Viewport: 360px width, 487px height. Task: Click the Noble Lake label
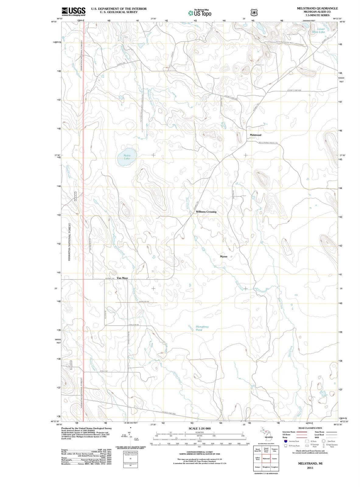click(127, 157)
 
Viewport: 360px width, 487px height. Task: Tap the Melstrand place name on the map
click(255, 135)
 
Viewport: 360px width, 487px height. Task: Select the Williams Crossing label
click(206, 212)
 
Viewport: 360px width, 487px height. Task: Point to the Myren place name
click(224, 257)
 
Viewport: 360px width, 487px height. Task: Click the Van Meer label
click(122, 278)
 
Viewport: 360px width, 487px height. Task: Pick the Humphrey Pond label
click(202, 328)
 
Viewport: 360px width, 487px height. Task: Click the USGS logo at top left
click(73, 12)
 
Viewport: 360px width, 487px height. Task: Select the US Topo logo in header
click(200, 13)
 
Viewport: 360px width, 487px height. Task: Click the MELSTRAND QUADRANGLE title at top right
click(317, 8)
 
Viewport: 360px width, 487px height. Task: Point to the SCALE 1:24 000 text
click(200, 428)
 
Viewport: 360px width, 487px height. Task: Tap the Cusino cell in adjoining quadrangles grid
click(274, 459)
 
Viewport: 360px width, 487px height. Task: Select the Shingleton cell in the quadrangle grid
click(266, 467)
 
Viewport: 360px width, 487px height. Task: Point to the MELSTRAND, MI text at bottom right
click(310, 463)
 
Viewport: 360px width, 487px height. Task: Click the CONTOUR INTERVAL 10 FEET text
click(199, 452)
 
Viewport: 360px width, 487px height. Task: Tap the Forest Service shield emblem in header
click(253, 12)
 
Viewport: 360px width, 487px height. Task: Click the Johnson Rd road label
click(143, 301)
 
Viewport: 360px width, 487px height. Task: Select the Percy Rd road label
click(103, 371)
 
